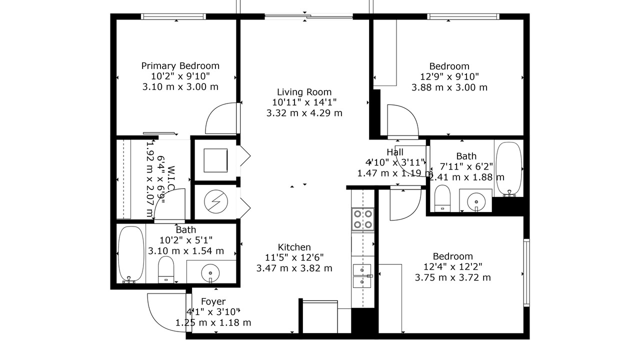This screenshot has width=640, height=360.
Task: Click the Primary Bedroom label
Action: pos(180,66)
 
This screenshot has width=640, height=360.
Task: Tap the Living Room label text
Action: pos(304,92)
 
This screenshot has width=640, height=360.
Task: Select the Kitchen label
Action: pos(294,247)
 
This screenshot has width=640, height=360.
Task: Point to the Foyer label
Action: pos(213,301)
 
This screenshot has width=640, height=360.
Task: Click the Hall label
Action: pos(395,152)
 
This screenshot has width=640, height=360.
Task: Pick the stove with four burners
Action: pos(363,219)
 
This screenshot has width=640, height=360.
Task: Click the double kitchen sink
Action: pos(362,276)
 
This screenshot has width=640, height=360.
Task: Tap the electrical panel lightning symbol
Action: pos(216,201)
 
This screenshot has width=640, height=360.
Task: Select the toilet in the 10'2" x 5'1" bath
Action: pos(166,269)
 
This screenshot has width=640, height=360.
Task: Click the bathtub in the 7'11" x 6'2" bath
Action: pos(509,169)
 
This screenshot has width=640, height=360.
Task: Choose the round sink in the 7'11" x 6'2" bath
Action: pos(476,201)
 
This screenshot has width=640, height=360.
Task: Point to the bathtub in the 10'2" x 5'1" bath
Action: pos(131,254)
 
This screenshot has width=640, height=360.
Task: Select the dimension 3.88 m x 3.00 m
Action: pos(449,87)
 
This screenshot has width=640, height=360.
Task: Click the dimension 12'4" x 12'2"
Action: pos(453,267)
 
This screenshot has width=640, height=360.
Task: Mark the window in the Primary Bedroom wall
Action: pos(173,16)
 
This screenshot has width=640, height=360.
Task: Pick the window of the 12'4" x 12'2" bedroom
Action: pos(526,273)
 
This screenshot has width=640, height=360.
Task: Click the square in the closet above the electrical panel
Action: pos(215,160)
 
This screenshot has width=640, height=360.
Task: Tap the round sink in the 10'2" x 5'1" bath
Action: pos(210,273)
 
